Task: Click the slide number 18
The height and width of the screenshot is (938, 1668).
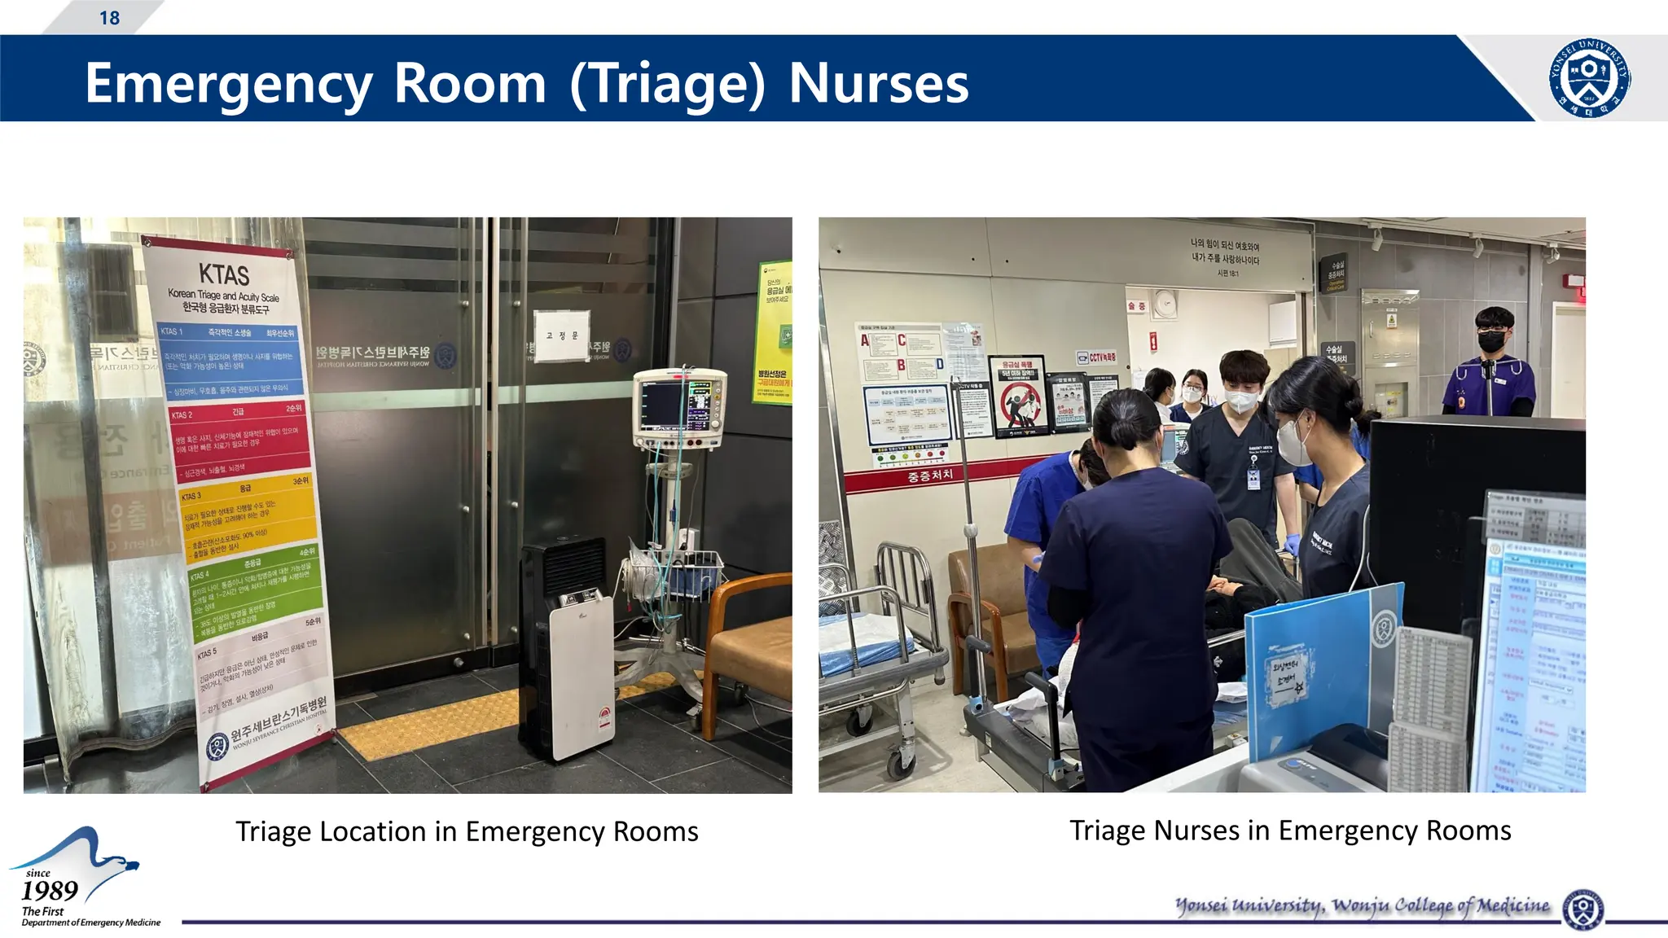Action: pos(109,18)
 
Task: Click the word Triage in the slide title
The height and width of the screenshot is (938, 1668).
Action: pos(667,83)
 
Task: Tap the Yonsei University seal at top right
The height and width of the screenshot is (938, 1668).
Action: pos(1589,78)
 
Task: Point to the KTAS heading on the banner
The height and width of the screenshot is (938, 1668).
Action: pos(224,274)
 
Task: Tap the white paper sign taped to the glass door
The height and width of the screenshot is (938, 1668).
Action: pos(562,336)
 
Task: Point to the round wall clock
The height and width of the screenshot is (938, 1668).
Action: pos(1165,305)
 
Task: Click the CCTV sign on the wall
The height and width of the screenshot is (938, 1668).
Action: pos(1096,357)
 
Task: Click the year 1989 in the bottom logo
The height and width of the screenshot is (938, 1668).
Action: pos(50,891)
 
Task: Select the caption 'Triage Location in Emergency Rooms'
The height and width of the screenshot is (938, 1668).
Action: pos(467,831)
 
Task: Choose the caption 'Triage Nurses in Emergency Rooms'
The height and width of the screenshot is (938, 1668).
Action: pos(1290,830)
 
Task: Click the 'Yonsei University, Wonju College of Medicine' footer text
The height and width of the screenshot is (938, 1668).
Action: pos(1362,905)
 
